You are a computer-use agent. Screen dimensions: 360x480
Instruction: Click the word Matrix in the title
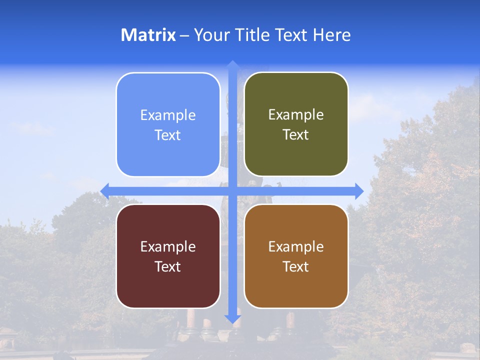(148, 35)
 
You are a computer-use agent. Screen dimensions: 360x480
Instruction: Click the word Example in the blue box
(168, 115)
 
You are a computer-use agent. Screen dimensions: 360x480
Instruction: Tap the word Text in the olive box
(296, 134)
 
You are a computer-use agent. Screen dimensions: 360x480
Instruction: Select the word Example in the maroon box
(168, 246)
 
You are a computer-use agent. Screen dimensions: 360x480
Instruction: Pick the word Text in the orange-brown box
(296, 266)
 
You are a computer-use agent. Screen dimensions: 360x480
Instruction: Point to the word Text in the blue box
(168, 135)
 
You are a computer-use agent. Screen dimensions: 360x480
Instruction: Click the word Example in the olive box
(296, 114)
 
